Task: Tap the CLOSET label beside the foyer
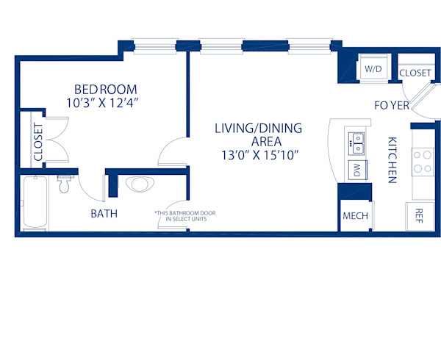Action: pos(415,73)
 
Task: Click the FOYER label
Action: pos(392,105)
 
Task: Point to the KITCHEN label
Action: pos(392,159)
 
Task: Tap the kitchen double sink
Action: pos(357,143)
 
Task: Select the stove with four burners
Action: pos(423,162)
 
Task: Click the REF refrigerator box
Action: pos(419,215)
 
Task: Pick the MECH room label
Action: pos(356,216)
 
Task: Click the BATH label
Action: pos(104,214)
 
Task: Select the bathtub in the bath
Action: pos(34,204)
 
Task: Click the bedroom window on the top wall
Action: pos(154,46)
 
